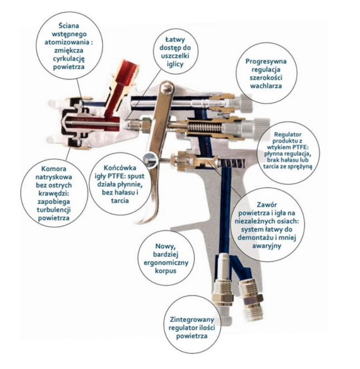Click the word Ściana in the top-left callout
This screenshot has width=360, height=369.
click(69, 25)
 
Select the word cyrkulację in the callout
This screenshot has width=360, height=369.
click(69, 58)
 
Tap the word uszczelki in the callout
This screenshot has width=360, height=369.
click(175, 56)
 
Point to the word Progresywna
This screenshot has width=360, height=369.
click(266, 62)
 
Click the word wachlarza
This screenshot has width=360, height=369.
click(266, 86)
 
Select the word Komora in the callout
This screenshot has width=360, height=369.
click(54, 169)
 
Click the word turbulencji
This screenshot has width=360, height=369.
click(54, 210)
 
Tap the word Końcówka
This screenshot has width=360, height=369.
click(120, 168)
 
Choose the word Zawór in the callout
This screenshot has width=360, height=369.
click(267, 205)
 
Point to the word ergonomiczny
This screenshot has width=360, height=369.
click(166, 263)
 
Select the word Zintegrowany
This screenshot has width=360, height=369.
click(192, 320)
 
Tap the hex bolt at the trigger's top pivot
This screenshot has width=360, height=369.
click(167, 87)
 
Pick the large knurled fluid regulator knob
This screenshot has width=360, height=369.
click(261, 128)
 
